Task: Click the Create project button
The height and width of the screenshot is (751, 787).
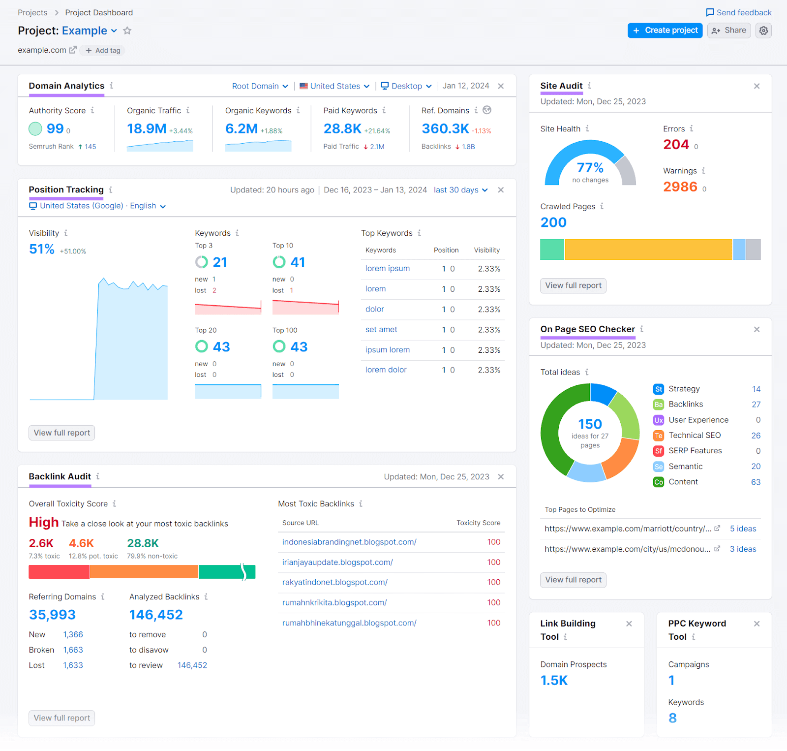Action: [665, 31]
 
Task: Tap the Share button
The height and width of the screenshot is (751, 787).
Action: [729, 31]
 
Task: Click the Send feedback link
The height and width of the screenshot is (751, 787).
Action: [739, 13]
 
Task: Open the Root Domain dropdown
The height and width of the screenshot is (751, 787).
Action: [260, 86]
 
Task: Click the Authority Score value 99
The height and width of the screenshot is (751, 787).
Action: [55, 129]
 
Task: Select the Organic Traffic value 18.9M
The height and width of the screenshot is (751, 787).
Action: [147, 129]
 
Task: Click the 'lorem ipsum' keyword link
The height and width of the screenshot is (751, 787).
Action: [387, 269]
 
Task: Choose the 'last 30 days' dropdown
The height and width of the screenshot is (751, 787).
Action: [460, 190]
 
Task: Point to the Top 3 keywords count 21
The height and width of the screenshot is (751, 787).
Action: [219, 262]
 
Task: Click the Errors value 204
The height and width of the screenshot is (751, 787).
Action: [676, 145]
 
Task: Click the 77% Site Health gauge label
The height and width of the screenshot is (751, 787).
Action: [590, 168]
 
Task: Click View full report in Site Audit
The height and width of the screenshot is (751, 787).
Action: [573, 286]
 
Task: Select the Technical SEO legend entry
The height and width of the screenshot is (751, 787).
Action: [694, 436]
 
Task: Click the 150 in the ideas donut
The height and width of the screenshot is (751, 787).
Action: [590, 424]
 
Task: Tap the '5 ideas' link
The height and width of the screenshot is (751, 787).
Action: [743, 529]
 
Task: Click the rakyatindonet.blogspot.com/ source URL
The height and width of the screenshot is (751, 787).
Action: [334, 583]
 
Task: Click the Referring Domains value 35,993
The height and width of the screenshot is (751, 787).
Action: [52, 615]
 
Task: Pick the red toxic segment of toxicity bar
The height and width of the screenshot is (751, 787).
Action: [59, 572]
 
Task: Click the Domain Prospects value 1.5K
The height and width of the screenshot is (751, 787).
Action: [554, 681]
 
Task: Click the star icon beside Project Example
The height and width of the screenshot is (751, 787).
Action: [127, 31]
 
